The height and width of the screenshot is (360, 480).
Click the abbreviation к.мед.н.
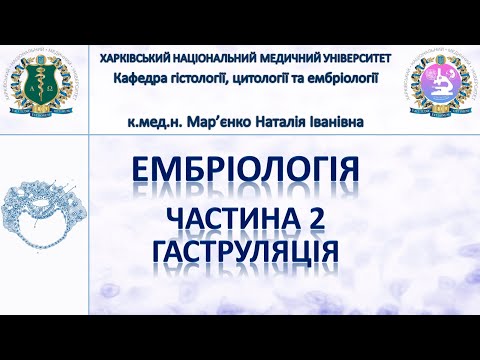(155, 122)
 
